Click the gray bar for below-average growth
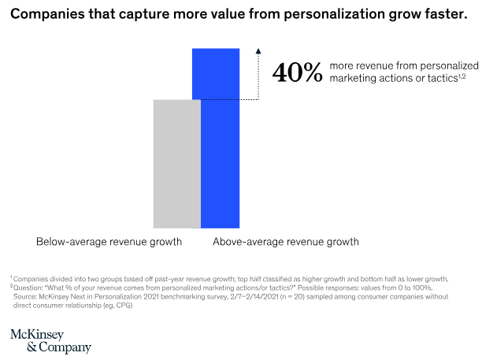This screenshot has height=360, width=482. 177,164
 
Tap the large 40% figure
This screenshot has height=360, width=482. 297,72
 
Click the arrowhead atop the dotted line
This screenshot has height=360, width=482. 258,51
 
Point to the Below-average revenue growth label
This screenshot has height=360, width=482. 109,242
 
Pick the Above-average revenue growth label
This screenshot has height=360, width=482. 286,242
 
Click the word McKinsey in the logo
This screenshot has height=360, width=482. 37,335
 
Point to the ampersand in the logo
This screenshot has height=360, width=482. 32,347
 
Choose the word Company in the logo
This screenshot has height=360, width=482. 65,347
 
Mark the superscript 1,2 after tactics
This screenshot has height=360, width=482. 462,76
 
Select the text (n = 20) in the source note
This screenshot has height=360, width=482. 293,297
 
